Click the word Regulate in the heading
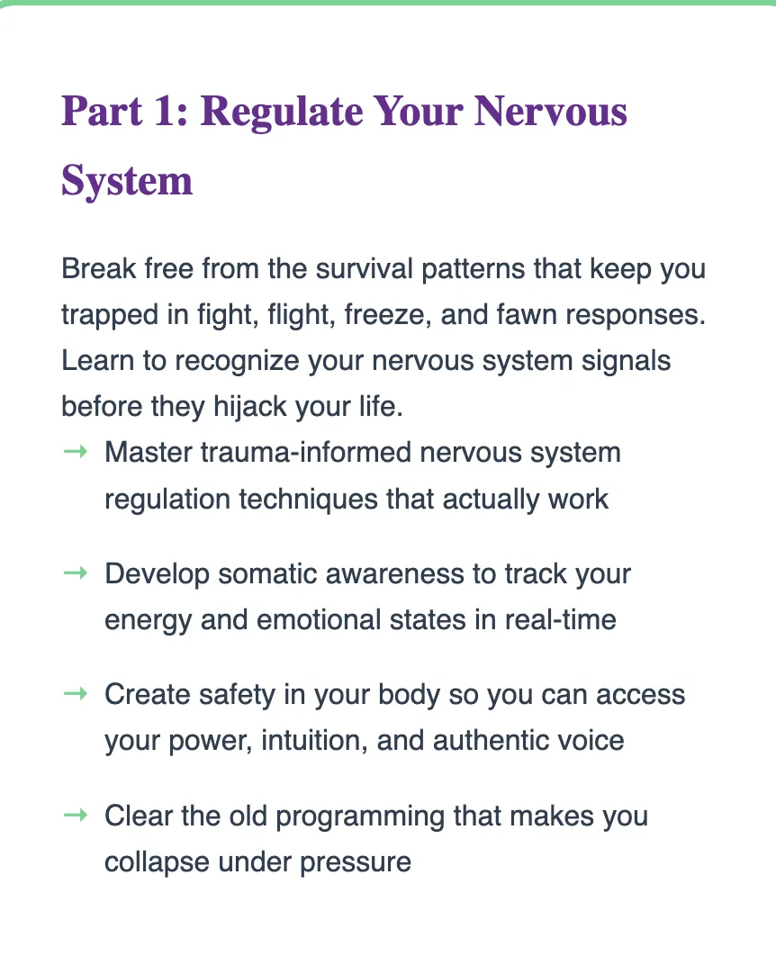point(282,113)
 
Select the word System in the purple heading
point(127,182)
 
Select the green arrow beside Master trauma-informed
point(76,452)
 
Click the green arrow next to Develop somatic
point(76,573)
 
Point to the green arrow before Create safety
point(76,693)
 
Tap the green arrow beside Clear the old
point(76,815)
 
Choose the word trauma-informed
point(306,452)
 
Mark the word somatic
point(267,574)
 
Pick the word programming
point(360,816)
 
